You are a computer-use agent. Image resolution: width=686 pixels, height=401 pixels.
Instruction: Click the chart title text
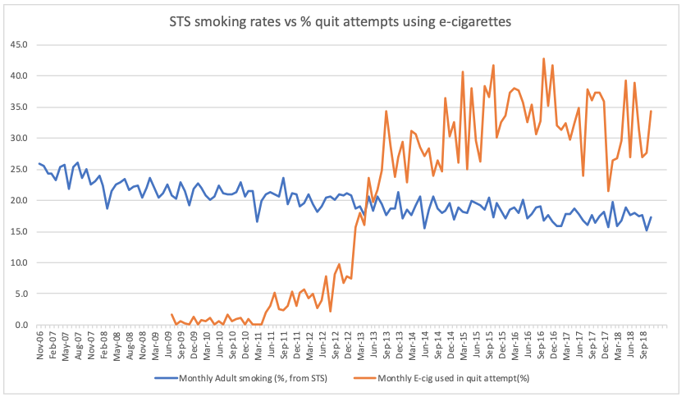point(342,22)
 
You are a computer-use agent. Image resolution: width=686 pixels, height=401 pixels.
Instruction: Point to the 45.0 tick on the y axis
point(19,44)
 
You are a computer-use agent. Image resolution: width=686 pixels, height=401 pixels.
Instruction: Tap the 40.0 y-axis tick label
point(19,75)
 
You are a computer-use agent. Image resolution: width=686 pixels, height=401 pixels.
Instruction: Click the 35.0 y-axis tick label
point(19,107)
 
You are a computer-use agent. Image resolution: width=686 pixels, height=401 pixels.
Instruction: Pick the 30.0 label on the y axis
point(19,138)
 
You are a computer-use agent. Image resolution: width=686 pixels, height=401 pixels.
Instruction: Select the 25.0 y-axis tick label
point(19,169)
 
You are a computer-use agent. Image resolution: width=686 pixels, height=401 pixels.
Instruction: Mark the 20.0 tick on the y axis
point(19,200)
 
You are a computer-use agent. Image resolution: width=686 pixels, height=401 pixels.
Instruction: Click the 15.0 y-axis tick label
point(19,231)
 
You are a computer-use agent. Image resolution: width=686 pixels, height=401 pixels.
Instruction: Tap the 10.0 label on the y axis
point(19,262)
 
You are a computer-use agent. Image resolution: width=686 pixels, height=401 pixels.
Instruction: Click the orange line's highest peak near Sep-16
point(543,58)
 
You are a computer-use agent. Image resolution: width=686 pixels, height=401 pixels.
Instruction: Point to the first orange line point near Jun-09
point(171,314)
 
